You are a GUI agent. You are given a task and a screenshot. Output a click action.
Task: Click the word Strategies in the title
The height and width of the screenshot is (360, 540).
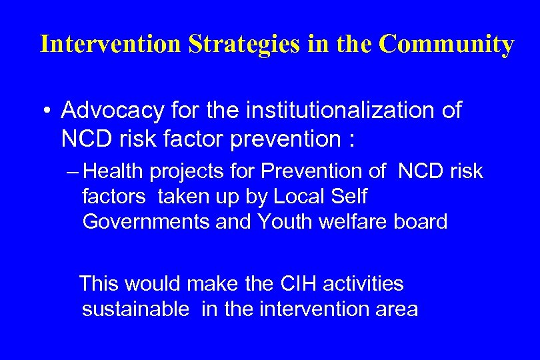[245, 44]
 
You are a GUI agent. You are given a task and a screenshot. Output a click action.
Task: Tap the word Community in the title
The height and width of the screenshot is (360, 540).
[447, 44]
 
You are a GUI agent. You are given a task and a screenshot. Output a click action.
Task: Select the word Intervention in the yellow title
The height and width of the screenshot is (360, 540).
[111, 44]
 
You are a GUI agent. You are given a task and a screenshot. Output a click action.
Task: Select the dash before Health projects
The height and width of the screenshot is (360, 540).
[74, 172]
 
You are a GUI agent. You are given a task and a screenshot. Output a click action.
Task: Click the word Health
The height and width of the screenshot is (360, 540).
[114, 172]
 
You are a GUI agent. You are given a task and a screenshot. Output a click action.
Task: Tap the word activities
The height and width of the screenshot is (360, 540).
[363, 284]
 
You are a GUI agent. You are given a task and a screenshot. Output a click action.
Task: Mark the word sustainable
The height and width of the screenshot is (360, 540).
[135, 309]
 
